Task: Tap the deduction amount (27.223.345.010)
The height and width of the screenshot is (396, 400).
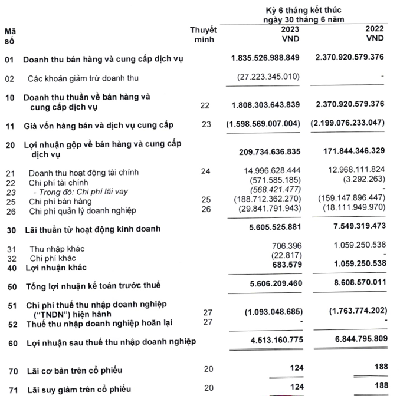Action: point(265,77)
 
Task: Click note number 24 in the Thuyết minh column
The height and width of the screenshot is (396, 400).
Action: point(205,172)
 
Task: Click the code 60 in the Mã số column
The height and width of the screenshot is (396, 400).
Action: point(9,342)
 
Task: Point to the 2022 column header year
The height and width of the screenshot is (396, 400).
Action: point(375,29)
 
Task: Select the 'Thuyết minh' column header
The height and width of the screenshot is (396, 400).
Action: point(204,35)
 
